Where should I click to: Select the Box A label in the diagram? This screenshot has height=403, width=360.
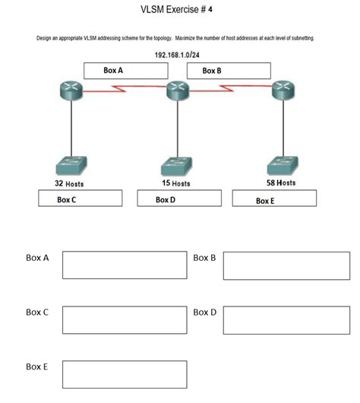114,70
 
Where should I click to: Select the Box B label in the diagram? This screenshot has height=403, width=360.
213,70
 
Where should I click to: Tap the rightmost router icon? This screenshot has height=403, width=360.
286,90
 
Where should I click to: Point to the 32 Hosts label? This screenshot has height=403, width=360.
69,184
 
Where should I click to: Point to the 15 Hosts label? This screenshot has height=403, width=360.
176,184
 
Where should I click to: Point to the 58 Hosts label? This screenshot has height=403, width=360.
281,183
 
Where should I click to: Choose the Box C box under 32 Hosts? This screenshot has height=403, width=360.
80,199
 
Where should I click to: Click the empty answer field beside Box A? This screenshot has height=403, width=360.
125,265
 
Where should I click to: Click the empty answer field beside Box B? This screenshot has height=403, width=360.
286,265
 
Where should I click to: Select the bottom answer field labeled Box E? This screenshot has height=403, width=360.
125,375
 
